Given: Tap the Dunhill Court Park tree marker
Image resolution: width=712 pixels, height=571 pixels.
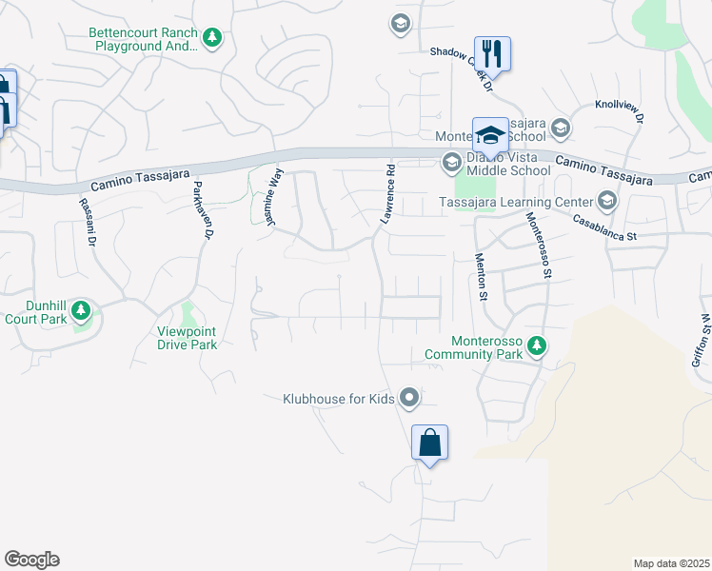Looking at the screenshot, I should click(81, 310).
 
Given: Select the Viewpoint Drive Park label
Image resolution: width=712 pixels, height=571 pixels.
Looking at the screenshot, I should click(188, 338).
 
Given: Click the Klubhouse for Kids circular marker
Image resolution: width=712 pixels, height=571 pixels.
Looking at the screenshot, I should click(409, 397).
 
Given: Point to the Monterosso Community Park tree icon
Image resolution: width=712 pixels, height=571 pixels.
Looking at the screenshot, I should click(538, 345).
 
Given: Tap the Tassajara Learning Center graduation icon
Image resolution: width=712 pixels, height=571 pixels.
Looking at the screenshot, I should click(606, 201).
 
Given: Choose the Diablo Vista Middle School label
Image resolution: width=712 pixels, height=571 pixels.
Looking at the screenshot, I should click(507, 171).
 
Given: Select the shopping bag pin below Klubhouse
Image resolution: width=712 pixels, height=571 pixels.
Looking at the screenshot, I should click(429, 443).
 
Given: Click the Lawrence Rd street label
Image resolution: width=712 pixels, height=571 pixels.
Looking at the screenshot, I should click(388, 194).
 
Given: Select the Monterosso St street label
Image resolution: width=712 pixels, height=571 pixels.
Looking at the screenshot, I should click(540, 245).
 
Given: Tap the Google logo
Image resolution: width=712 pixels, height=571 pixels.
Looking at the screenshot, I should click(31, 560).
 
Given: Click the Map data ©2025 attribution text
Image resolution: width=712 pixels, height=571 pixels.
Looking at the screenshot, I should click(671, 563).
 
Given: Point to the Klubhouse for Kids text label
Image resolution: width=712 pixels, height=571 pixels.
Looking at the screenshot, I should click(339, 399).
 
